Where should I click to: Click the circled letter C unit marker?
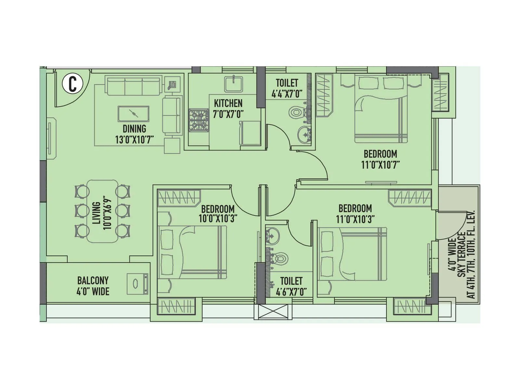72,84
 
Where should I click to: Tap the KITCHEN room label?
228,103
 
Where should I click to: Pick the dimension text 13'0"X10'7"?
134,140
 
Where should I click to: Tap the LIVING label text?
96,213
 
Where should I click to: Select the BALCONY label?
93,280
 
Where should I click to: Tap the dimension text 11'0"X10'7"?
380,164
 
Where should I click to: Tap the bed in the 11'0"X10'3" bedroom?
352,253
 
